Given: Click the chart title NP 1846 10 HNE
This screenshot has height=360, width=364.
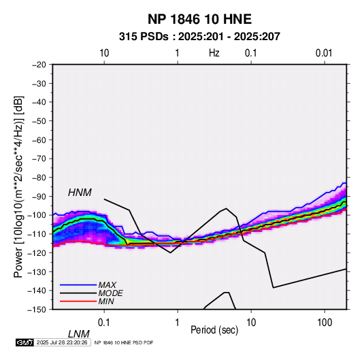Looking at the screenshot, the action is pos(199,19).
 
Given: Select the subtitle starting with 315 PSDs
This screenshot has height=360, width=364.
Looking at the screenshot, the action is pos(199,37).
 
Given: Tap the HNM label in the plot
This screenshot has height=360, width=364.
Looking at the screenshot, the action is pos(80,193).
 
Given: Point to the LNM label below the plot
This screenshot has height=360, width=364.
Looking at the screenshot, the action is pos(78,334).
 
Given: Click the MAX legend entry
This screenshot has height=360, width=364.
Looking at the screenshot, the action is pos(107,284).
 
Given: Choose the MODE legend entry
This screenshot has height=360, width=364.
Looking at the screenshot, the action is pos(110,293).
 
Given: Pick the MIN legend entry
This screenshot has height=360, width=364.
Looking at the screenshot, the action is pos(106,301).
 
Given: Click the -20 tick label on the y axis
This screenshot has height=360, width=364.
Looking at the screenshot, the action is pos(39,65).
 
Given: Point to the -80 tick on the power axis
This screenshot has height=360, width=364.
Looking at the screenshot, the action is pos(39,178).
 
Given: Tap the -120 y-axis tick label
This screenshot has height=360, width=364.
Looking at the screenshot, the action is pos(37,252).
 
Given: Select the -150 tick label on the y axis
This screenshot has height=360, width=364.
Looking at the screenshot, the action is pos(37,310).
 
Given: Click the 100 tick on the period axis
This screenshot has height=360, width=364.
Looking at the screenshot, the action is pos(325,322).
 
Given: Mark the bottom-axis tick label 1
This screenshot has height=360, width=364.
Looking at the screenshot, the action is pos(178,322).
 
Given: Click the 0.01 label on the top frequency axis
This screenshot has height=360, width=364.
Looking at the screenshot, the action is pos(324,53).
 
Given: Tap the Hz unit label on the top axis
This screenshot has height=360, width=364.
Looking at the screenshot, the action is pos(214,53).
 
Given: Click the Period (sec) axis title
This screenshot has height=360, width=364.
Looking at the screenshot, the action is pos(214,330).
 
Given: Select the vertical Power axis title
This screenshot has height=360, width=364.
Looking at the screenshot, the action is pos(18,187).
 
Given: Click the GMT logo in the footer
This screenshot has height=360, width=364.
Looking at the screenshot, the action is pos(24,342).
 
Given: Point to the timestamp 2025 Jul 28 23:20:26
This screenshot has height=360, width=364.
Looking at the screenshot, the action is pos(62,342).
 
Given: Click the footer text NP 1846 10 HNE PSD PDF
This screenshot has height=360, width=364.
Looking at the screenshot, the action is pos(124,342).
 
